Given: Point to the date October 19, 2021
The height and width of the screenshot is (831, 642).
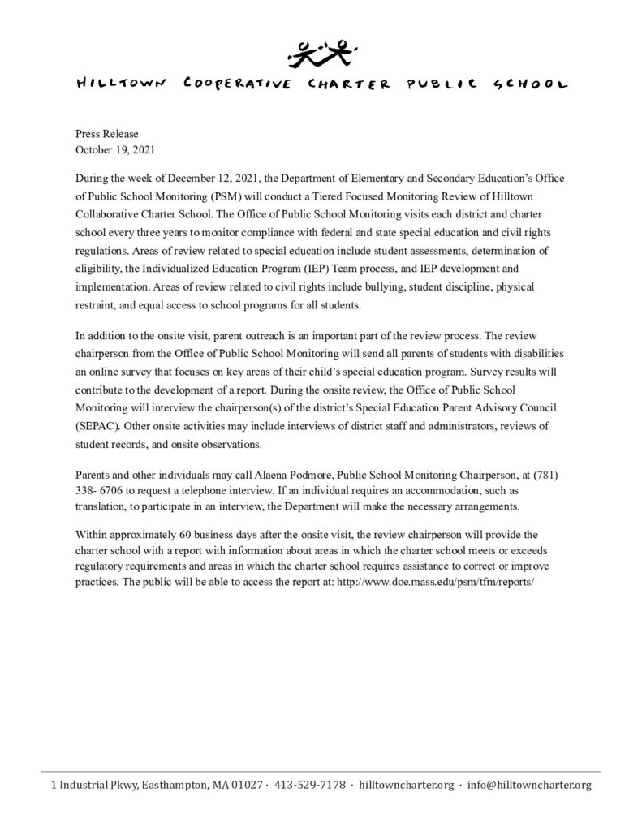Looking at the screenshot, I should [x=115, y=149].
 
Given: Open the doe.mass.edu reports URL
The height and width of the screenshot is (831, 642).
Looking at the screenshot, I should [x=433, y=580].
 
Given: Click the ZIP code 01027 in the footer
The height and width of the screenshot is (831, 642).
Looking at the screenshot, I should [x=244, y=785].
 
